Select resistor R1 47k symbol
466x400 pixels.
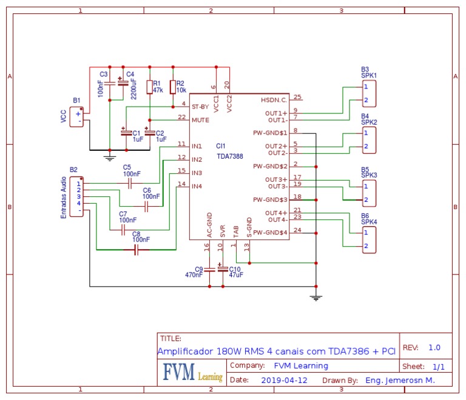pyautogui.click(x=149, y=86)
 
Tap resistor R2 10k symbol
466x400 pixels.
pyautogui.click(x=173, y=86)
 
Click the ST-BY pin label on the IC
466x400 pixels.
pyautogui.click(x=200, y=106)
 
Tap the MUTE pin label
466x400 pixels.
pyautogui.click(x=200, y=120)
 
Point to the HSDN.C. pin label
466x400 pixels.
pyautogui.click(x=274, y=99)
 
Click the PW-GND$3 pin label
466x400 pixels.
pyautogui.click(x=270, y=199)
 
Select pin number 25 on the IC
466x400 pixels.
pyautogui.click(x=297, y=96)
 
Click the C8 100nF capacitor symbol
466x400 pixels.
pyautogui.click(x=136, y=250)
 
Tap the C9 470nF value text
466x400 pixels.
pyautogui.click(x=194, y=275)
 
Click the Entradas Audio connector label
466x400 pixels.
pyautogui.click(x=64, y=197)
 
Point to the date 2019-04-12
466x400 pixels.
pyautogui.click(x=285, y=380)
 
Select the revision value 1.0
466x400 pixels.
pyautogui.click(x=434, y=348)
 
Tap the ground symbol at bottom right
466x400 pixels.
pyautogui.click(x=316, y=296)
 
